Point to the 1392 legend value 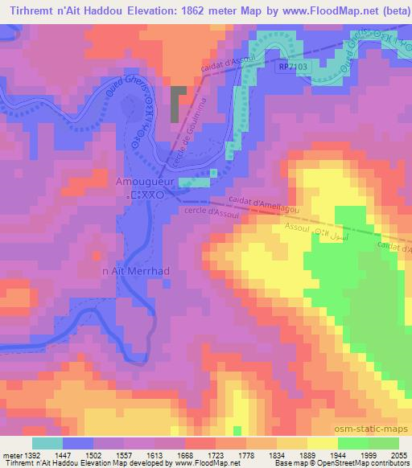(x=31, y=454)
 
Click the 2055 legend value (x=398, y=454)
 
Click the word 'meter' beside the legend (x=10, y=454)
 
